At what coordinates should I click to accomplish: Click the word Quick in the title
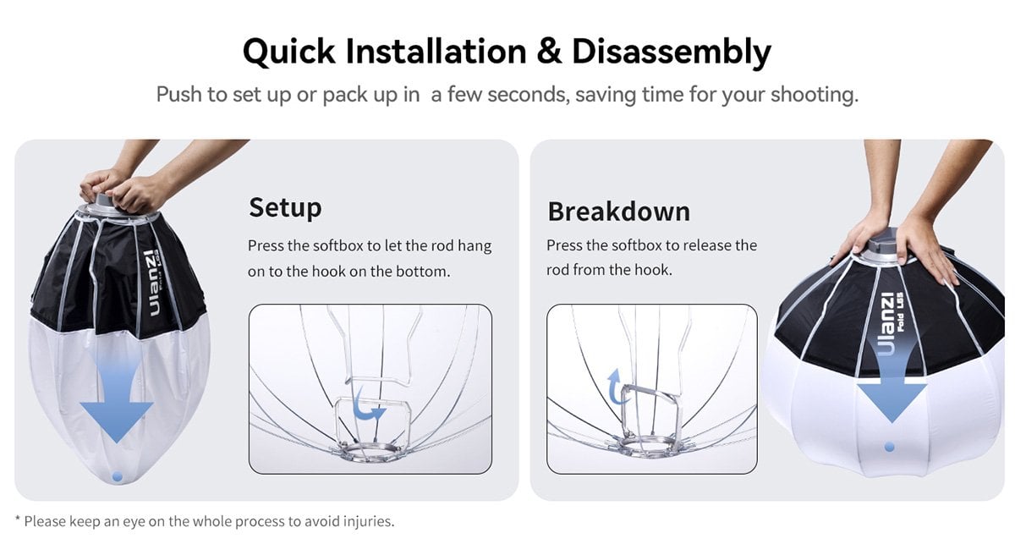[x=289, y=52]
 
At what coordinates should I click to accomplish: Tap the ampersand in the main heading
[x=549, y=52]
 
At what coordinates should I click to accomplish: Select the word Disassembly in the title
[x=672, y=53]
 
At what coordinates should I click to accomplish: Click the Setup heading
[x=285, y=208]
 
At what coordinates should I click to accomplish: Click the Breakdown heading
[x=619, y=212]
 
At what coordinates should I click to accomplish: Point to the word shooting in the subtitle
[x=815, y=96]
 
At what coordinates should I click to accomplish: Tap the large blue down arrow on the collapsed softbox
[x=117, y=394]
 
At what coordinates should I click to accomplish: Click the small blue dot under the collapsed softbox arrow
[x=118, y=476]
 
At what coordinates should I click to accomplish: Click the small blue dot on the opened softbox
[x=890, y=448]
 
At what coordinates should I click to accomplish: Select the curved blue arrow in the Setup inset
[x=368, y=404]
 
